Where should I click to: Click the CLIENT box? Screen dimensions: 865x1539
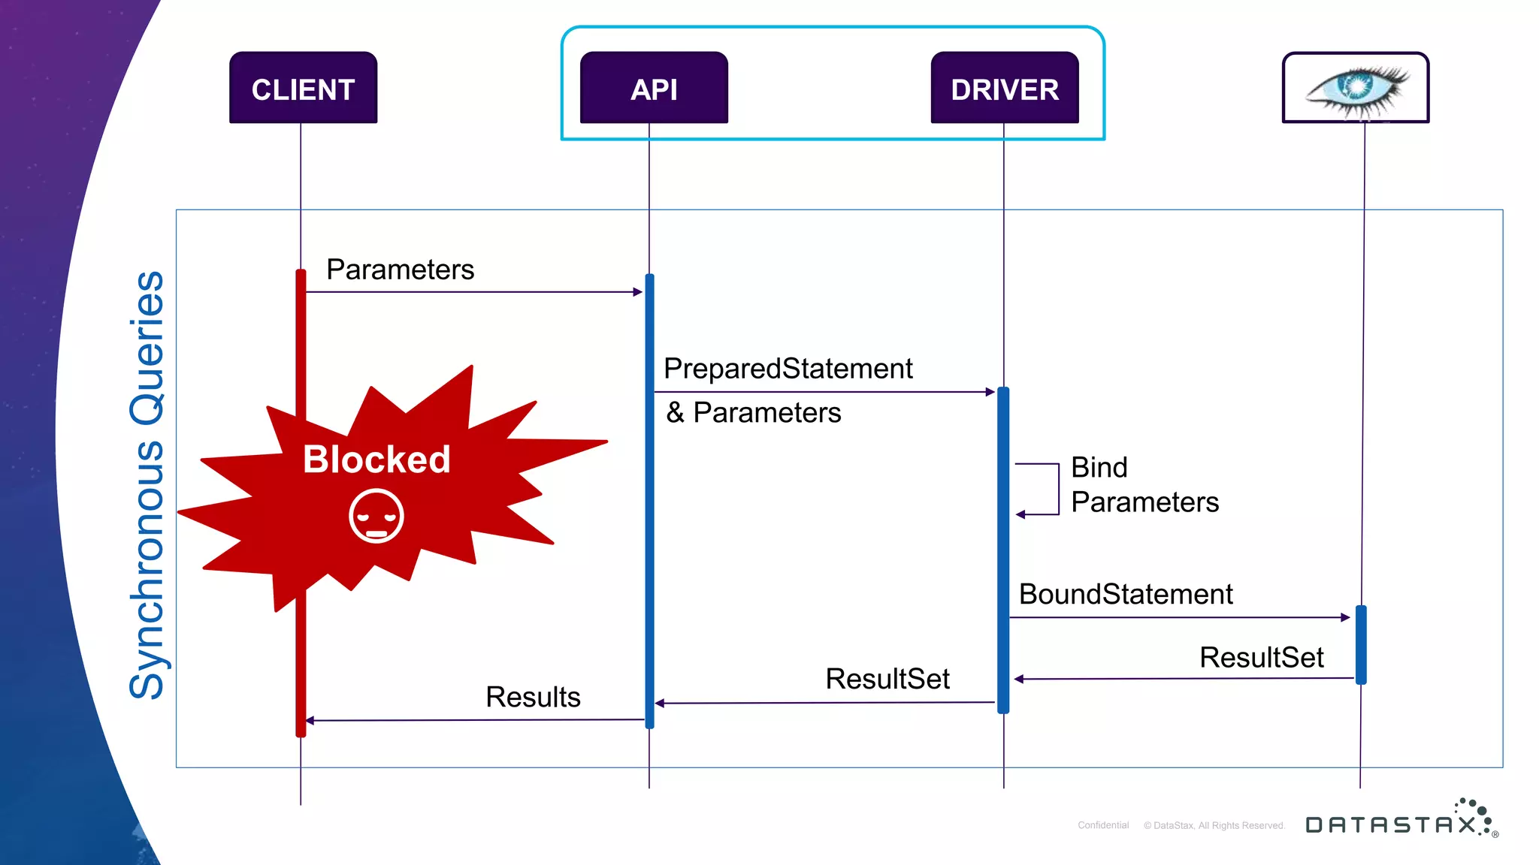coord(303,88)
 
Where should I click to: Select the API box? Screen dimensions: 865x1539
coord(654,88)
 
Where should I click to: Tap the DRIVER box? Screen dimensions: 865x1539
coord(1004,88)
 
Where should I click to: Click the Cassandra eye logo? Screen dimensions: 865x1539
coord(1356,88)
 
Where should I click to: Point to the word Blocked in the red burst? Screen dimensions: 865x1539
coord(376,459)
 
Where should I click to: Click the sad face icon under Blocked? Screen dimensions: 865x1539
coord(376,516)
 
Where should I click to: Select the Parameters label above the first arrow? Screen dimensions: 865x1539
coord(400,270)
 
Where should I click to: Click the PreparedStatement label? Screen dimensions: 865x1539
coord(788,369)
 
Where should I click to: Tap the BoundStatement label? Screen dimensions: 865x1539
coord(1125,594)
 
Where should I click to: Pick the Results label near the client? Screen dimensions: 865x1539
coord(533,697)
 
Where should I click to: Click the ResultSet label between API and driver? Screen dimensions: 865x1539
coord(887,679)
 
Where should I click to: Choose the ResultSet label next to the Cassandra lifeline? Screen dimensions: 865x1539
coord(1261,657)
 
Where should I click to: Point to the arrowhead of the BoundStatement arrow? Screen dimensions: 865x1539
coord(1345,617)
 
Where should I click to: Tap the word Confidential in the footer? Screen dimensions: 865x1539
coord(1103,825)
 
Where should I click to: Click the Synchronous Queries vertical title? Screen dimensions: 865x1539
coord(147,485)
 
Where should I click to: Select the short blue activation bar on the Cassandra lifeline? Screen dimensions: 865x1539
coord(1361,644)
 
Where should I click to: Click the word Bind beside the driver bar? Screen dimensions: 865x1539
coord(1099,467)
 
